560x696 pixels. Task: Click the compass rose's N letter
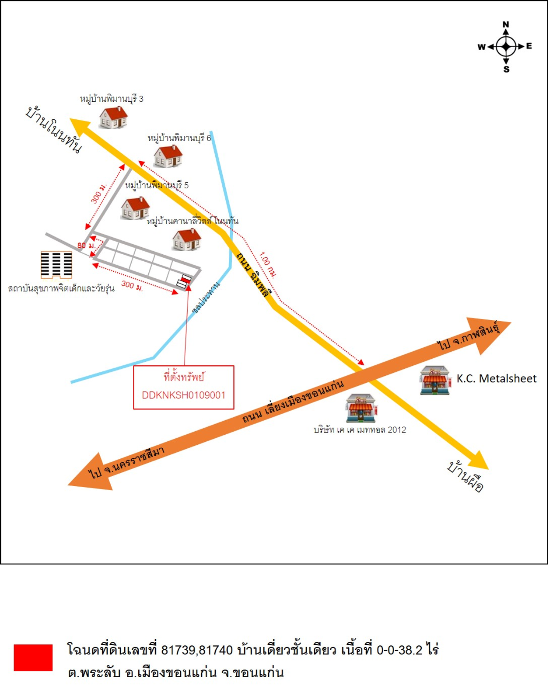506,24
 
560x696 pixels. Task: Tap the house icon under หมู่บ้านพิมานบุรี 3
113,117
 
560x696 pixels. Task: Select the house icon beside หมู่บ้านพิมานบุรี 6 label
168,156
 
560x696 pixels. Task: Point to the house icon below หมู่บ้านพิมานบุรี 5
135,208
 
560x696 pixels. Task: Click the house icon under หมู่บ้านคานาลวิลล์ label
187,239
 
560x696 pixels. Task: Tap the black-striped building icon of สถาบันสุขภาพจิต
56,265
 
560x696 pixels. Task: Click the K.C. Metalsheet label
496,378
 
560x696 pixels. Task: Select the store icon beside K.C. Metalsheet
435,380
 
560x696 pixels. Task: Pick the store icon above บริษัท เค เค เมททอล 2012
361,408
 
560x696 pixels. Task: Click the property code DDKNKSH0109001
184,395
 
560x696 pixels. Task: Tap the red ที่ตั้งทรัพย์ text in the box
184,377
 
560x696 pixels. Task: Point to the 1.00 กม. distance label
267,265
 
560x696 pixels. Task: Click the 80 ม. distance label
86,246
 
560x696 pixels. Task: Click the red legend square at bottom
33,657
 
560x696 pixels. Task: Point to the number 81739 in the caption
178,650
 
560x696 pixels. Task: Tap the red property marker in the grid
186,278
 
